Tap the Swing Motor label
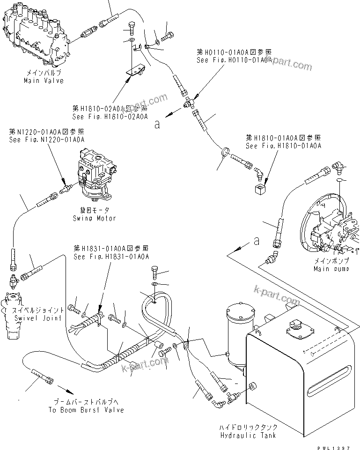pyautogui.click(x=94, y=218)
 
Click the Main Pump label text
pyautogui.click(x=331, y=269)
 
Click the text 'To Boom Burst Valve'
pyautogui.click(x=86, y=410)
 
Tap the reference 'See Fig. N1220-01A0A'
pyautogui.click(x=46, y=140)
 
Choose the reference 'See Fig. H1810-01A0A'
pyautogui.click(x=283, y=146)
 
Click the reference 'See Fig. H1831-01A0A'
pyautogui.click(x=111, y=257)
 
